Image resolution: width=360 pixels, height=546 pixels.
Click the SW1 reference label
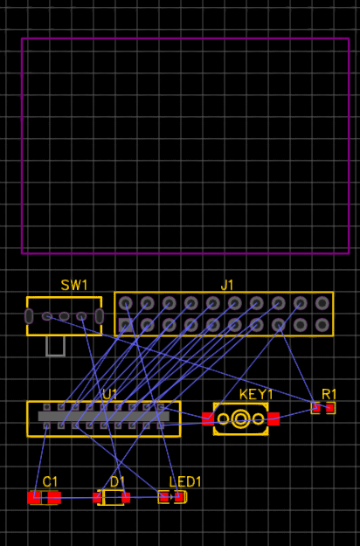(73, 285)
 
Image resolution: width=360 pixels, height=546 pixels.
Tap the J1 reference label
(227, 285)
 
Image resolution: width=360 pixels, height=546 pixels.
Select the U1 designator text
(110, 394)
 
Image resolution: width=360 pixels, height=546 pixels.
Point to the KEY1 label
(256, 395)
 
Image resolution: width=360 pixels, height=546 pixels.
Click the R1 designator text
(329, 395)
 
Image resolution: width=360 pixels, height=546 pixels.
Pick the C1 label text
(50, 482)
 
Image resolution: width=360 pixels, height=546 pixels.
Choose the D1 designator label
(117, 482)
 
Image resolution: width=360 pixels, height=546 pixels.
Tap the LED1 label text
(185, 482)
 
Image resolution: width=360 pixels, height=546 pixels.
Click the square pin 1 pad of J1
(125, 325)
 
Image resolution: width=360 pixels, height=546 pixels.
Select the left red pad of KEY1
(208, 419)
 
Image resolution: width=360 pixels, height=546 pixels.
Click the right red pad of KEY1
(273, 419)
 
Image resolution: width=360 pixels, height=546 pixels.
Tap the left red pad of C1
(34, 498)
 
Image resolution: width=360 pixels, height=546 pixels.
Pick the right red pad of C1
(54, 498)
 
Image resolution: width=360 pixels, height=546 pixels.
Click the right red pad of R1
(329, 408)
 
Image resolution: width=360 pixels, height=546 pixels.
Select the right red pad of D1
(126, 498)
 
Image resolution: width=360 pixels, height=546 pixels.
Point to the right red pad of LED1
(178, 497)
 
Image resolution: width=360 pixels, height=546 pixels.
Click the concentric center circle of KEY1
(240, 418)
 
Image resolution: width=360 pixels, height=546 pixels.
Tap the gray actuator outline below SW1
(55, 346)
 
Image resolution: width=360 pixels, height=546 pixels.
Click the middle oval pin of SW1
(64, 316)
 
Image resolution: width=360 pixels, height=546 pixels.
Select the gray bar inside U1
(104, 416)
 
